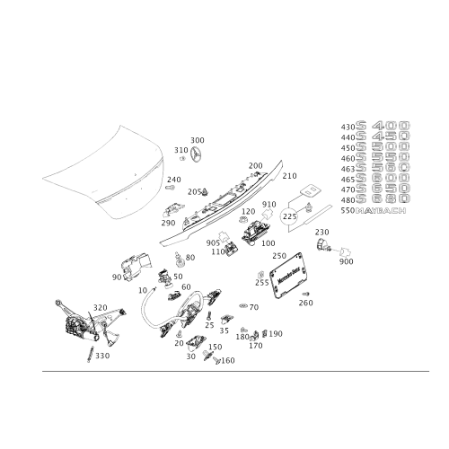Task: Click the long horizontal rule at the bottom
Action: coord(224,370)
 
